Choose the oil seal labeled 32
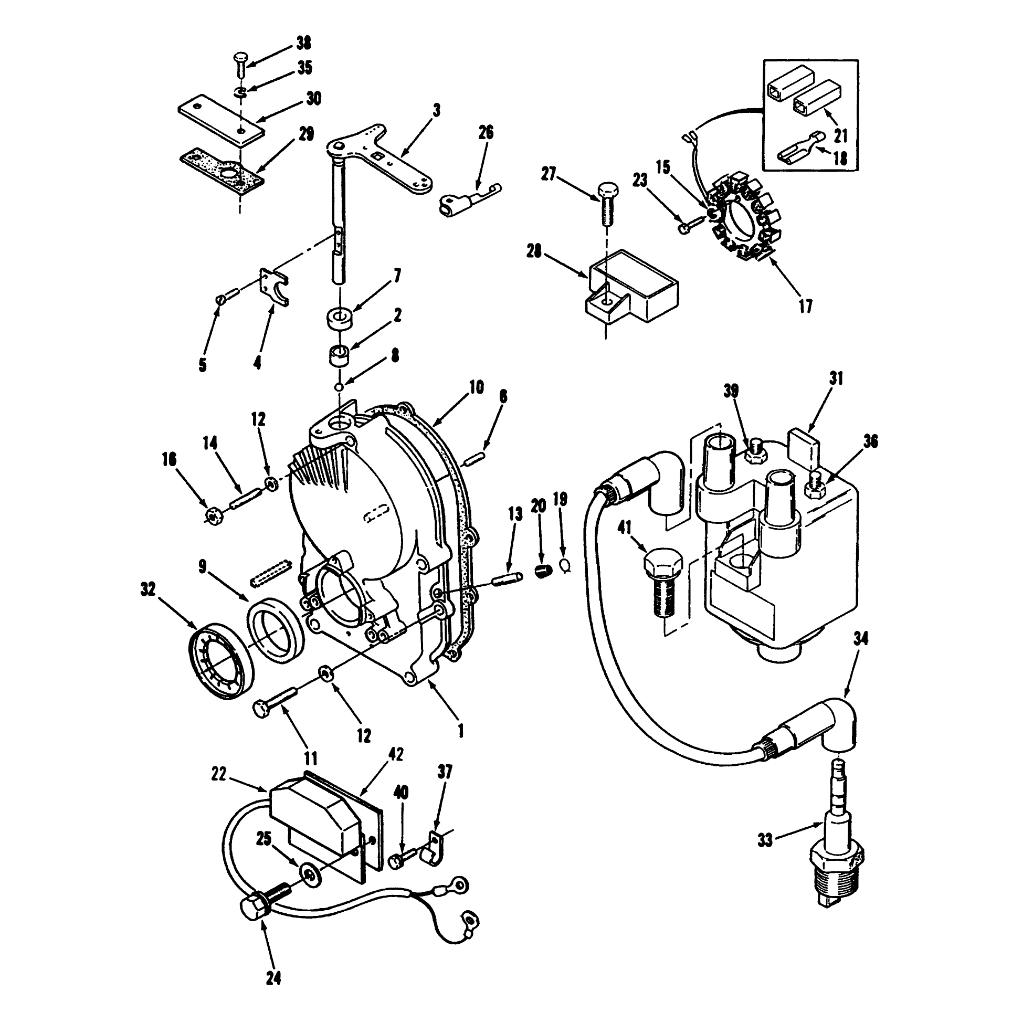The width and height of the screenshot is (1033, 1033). [x=222, y=661]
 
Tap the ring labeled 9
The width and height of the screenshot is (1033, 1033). [x=276, y=629]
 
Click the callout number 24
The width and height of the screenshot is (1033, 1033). [x=273, y=977]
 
